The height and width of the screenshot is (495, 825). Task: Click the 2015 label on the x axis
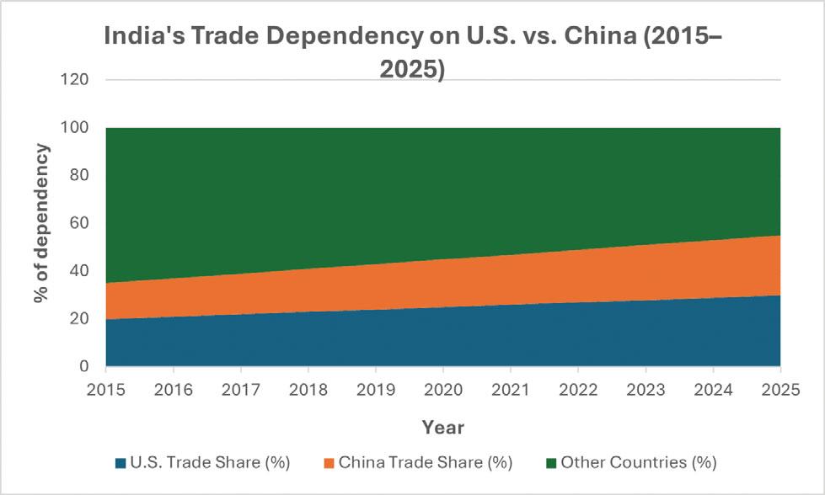pos(105,390)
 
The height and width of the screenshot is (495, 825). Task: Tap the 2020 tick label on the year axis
pos(443,390)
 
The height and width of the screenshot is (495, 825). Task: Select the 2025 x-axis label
pos(780,390)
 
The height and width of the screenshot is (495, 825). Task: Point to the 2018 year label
pos(308,390)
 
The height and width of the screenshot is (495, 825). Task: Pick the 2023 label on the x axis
pos(646,390)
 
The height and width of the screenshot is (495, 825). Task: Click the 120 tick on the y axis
pos(73,80)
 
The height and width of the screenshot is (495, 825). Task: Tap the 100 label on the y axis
pos(73,128)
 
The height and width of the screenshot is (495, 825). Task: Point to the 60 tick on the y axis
pos(79,223)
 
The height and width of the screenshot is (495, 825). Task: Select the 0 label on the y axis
pos(83,366)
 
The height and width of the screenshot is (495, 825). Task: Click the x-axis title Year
pos(443,428)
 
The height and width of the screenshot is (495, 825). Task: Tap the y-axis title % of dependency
pos(41,223)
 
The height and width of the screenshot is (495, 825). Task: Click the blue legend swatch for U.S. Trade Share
pos(121,463)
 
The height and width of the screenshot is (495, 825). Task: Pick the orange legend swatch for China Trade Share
pos(329,463)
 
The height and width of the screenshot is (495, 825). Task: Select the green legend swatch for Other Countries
pos(551,463)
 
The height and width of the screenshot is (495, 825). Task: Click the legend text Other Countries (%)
pos(639,462)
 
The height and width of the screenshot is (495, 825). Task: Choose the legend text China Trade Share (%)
pos(426,462)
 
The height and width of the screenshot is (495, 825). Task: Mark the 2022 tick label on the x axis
pos(578,390)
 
